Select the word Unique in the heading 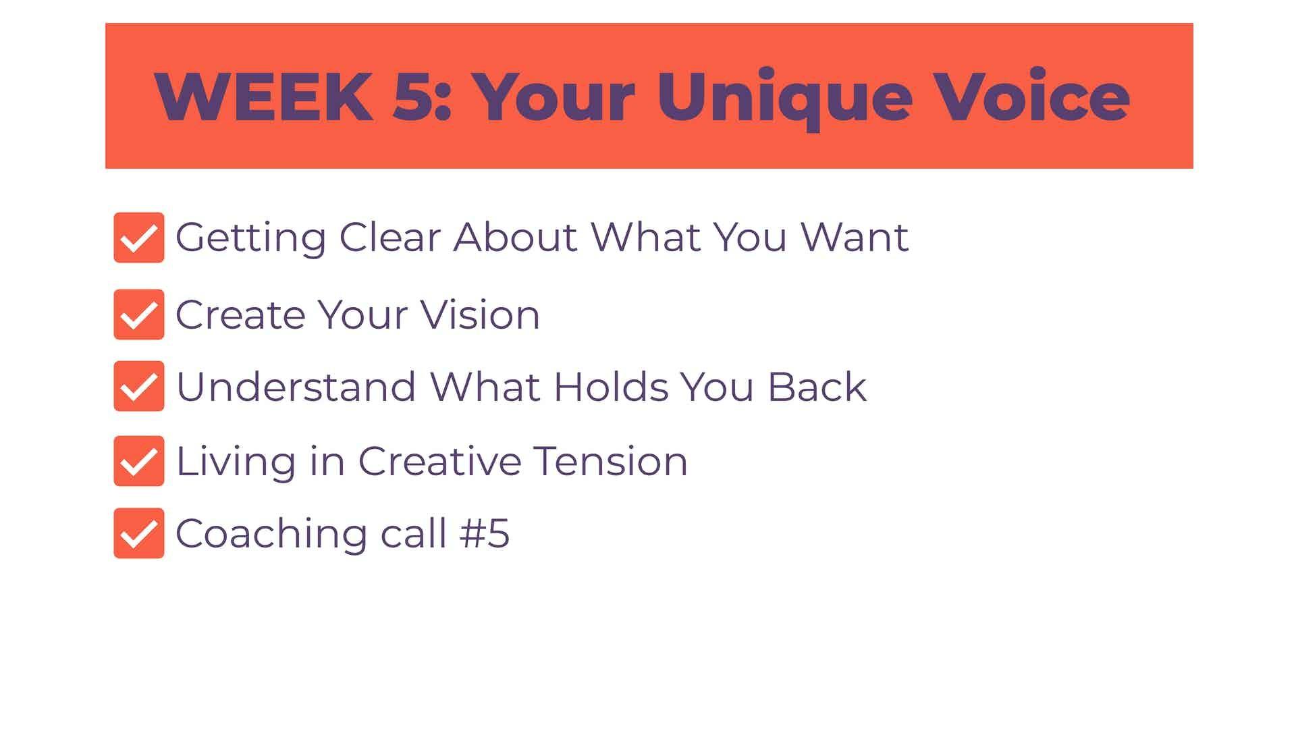click(x=784, y=99)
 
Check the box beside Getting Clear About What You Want click(x=139, y=238)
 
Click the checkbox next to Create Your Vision click(x=139, y=315)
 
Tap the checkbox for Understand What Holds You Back click(x=139, y=386)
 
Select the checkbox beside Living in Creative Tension click(x=139, y=461)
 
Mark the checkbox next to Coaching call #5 click(x=139, y=533)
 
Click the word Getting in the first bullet click(x=251, y=240)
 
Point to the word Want click(x=855, y=237)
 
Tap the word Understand click(x=296, y=386)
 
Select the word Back click(x=817, y=386)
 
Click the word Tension click(x=611, y=461)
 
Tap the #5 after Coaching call click(x=485, y=533)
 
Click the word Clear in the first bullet click(x=389, y=237)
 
